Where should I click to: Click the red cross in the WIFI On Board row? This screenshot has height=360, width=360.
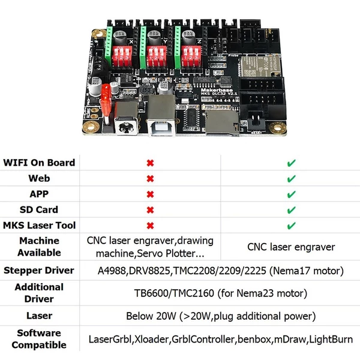pos(150,163)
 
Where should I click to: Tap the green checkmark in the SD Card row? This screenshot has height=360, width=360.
pos(291,210)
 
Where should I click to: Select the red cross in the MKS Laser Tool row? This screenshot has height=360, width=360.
pos(150,226)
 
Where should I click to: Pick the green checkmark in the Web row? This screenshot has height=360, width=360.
pos(291,179)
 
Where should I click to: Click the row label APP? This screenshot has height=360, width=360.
pos(39,194)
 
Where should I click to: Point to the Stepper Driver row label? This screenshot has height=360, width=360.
pos(39,270)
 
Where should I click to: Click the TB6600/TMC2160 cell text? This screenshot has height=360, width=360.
pos(174,293)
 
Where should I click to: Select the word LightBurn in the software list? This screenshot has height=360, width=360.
pos(331,340)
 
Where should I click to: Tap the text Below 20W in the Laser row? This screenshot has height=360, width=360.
pos(151,316)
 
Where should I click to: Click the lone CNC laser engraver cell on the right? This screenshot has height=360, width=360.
pos(291,247)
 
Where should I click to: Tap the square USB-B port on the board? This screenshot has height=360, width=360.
pos(161,116)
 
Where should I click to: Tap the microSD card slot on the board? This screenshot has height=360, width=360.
pos(222,123)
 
